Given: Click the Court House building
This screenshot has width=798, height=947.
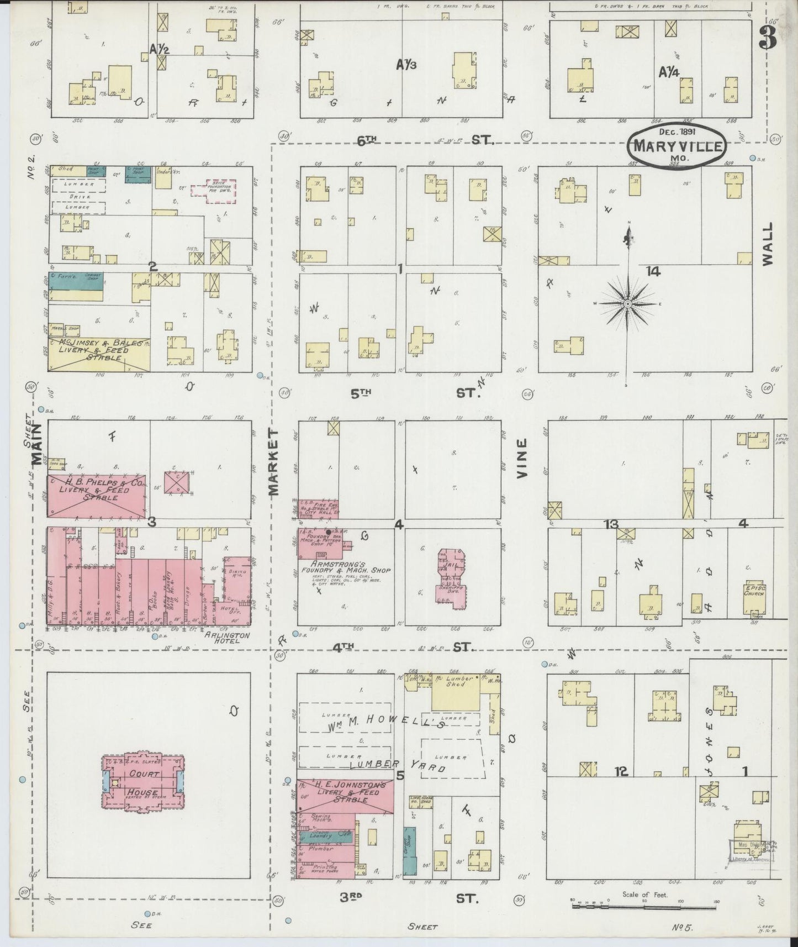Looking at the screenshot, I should coord(143,782).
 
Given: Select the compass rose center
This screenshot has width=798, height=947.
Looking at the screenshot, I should coord(628,304).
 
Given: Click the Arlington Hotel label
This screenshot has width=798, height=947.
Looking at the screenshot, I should coord(227,638).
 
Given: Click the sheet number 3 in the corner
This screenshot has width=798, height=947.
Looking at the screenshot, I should coord(767,38).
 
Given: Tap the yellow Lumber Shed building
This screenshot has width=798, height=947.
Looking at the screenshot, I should coord(459,692).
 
